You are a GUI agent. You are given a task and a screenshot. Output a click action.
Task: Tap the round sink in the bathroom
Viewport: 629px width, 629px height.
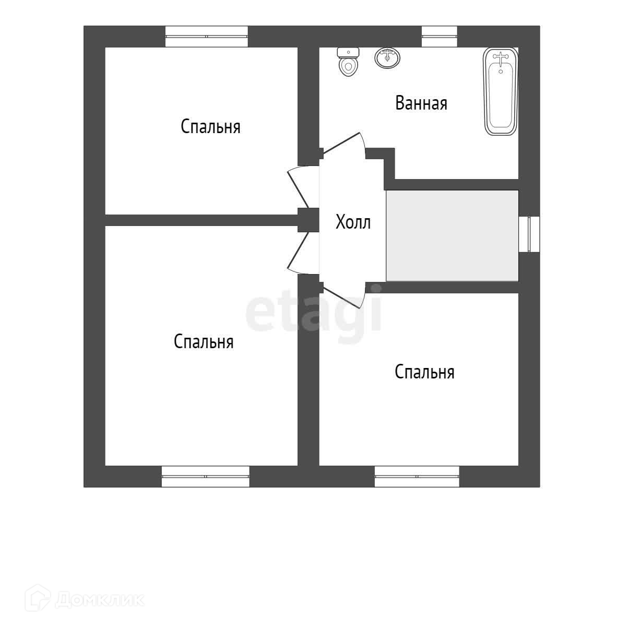pos(387,57)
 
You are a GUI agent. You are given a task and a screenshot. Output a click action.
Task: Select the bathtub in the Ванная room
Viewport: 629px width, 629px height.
pos(501,91)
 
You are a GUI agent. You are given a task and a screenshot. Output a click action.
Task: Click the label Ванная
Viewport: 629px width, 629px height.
pos(421,103)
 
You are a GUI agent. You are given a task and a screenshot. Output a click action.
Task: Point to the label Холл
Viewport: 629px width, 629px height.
pos(353,222)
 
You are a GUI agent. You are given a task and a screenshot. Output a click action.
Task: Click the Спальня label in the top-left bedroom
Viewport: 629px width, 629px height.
pos(210,127)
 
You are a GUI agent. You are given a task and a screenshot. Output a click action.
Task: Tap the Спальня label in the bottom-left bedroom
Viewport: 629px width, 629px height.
pos(203,342)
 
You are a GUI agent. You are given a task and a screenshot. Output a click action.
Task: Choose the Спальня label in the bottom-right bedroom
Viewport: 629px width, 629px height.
pos(424,372)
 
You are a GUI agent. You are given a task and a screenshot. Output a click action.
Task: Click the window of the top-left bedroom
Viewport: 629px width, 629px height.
pos(206,37)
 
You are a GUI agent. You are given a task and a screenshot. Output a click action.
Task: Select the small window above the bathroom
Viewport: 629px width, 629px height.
pos(439,37)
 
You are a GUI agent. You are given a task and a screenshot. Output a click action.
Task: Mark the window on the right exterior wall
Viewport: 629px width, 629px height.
pos(529,234)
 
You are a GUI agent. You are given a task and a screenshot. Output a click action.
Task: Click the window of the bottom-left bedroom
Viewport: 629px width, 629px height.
pos(205,477)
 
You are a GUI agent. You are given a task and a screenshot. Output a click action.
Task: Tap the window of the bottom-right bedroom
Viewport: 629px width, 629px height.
pos(417,477)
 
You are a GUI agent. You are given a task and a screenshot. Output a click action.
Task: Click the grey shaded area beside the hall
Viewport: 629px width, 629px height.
pos(452,235)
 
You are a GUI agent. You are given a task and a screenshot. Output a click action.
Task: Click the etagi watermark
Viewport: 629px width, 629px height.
pos(313,313)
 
